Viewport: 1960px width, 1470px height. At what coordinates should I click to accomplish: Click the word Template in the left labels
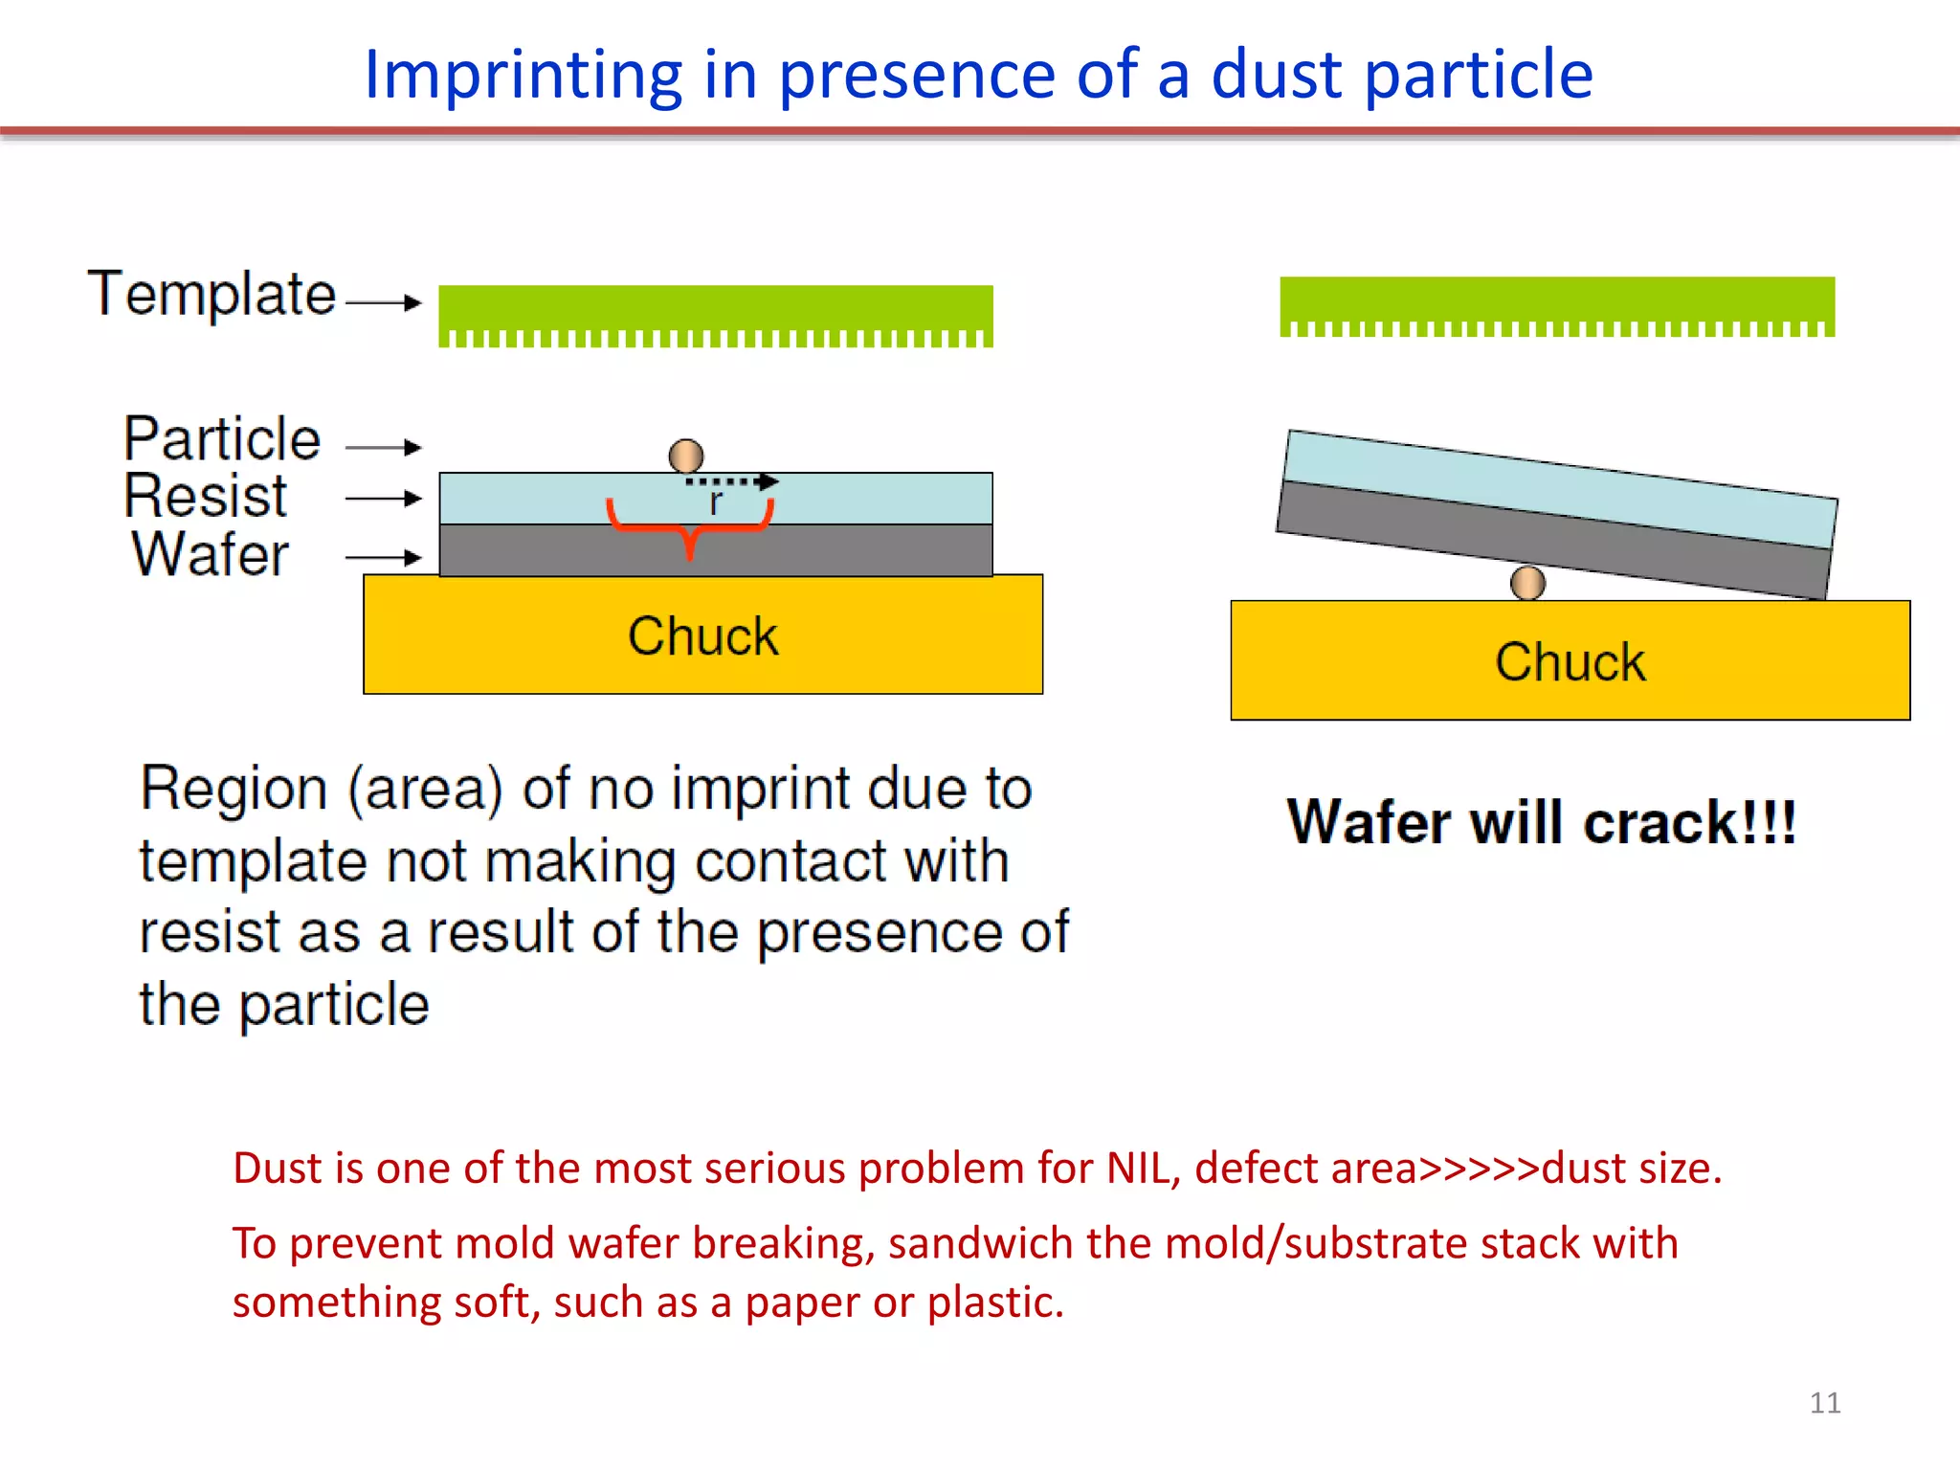pyautogui.click(x=212, y=294)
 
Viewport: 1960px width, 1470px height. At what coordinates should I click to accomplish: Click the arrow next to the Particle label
pyautogui.click(x=384, y=447)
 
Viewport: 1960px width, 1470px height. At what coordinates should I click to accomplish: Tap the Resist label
pyautogui.click(x=205, y=496)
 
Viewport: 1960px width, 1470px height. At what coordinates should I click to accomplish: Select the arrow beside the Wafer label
pyautogui.click(x=384, y=557)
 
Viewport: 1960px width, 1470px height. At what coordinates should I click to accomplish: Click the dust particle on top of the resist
pyautogui.click(x=686, y=456)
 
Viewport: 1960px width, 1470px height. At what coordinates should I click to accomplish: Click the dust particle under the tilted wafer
pyautogui.click(x=1527, y=582)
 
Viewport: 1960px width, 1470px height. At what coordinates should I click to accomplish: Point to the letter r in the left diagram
pyautogui.click(x=715, y=502)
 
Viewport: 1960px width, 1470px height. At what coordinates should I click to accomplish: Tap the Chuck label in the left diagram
pyautogui.click(x=702, y=636)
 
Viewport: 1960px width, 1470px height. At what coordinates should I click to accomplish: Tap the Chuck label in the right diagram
pyautogui.click(x=1570, y=662)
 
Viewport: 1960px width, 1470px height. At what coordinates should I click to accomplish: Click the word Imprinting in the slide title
pyautogui.click(x=523, y=75)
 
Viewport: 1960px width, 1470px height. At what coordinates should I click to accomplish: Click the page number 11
pyautogui.click(x=1824, y=1403)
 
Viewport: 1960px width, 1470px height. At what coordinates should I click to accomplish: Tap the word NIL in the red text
pyautogui.click(x=1137, y=1169)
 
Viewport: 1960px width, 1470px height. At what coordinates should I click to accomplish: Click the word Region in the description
pyautogui.click(x=234, y=790)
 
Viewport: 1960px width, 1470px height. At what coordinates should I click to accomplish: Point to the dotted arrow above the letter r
pyautogui.click(x=732, y=481)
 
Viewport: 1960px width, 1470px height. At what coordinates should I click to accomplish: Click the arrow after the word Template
pyautogui.click(x=384, y=302)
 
